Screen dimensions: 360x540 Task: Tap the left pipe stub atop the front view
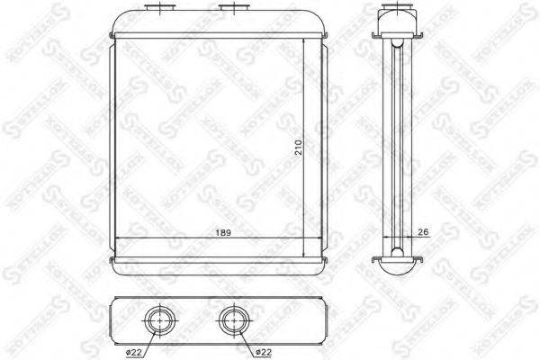click(161, 10)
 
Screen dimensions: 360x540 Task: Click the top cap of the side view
click(393, 20)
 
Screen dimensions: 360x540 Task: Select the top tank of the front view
click(214, 24)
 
